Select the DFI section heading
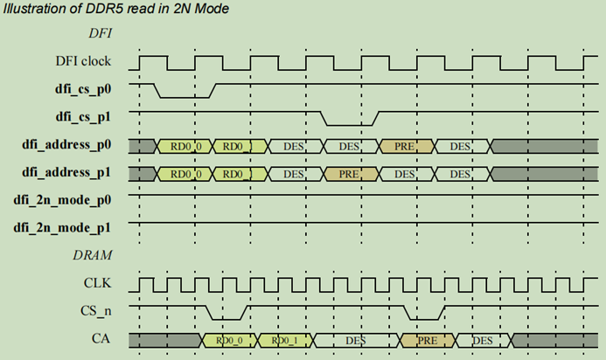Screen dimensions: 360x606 click(103, 34)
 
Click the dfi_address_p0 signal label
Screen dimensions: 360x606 click(73, 145)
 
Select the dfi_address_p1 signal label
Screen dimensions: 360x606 click(73, 173)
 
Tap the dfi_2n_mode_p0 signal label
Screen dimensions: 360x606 click(71, 201)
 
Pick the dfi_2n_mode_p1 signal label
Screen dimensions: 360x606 click(71, 228)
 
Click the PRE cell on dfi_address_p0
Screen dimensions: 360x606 click(404, 146)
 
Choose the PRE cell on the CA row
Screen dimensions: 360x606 click(426, 340)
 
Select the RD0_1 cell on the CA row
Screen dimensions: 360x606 click(285, 340)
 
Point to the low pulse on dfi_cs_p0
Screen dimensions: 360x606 click(185, 96)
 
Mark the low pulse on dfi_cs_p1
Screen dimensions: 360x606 click(349, 123)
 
